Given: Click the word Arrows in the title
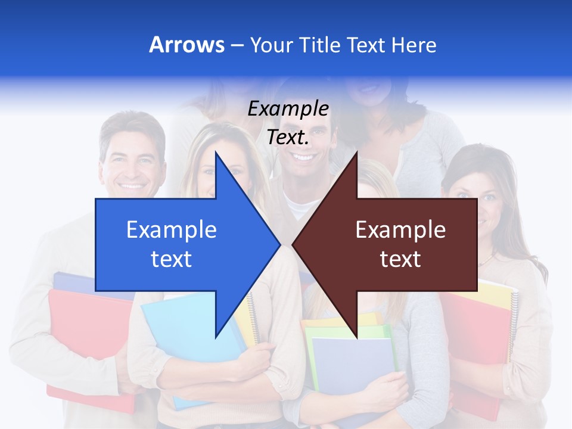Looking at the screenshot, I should tap(186, 45).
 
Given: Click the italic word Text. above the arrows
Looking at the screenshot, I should tap(288, 138).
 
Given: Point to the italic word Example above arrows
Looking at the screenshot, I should tap(288, 109).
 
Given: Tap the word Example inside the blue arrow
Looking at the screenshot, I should tap(171, 230).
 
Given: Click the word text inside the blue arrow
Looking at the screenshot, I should tap(171, 259).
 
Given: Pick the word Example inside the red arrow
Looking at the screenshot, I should tap(400, 230).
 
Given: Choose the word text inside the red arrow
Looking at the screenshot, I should tap(400, 259).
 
